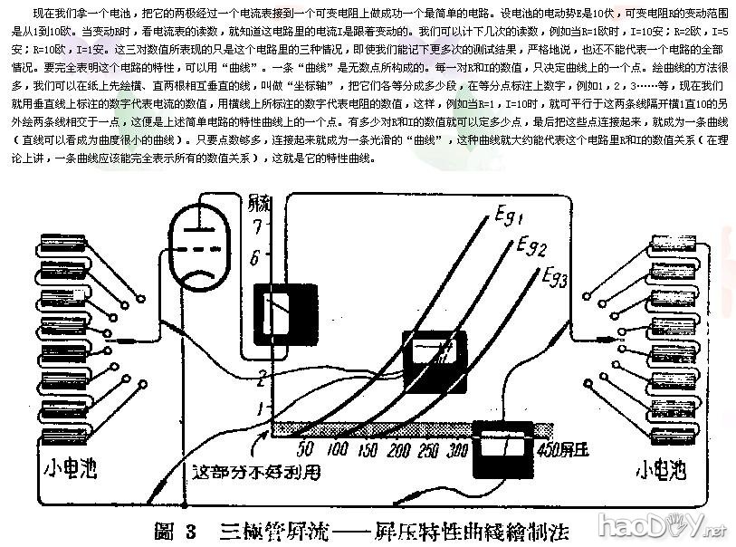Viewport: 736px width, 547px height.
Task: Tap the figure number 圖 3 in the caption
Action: pyautogui.click(x=176, y=530)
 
